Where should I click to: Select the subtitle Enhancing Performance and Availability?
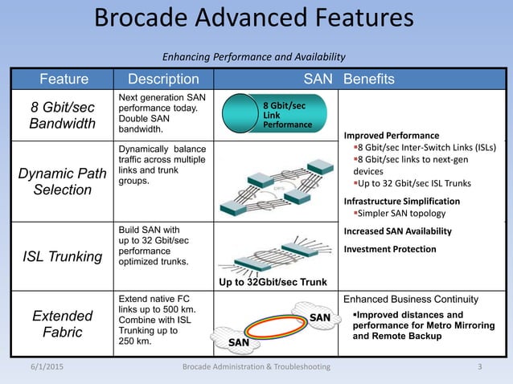[254, 56]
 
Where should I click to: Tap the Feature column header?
[64, 79]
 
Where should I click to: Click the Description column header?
[158, 79]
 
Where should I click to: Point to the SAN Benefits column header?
[348, 79]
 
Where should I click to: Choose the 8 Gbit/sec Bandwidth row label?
[61, 115]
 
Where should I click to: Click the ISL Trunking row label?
[61, 255]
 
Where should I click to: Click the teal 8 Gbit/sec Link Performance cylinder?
[273, 115]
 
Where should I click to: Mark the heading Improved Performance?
[392, 135]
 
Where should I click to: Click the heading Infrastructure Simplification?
[402, 201]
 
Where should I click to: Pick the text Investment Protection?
[390, 249]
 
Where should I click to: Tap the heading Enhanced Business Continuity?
[416, 299]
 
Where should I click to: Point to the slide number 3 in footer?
[479, 367]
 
